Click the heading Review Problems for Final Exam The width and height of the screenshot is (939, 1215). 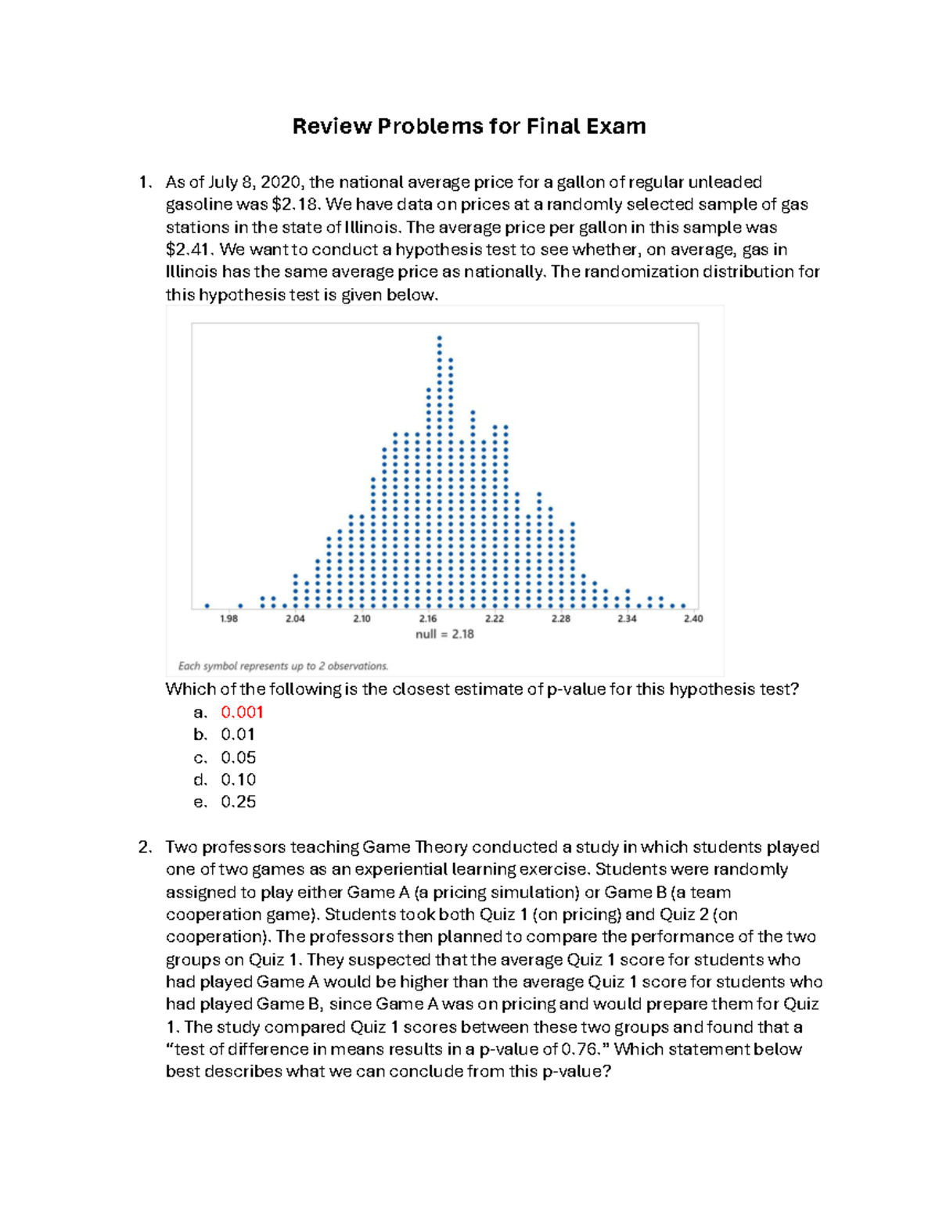pyautogui.click(x=469, y=126)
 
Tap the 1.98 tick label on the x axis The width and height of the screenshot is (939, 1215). pyautogui.click(x=228, y=619)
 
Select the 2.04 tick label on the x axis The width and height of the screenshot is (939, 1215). pyautogui.click(x=295, y=619)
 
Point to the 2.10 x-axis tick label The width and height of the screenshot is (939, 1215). pyautogui.click(x=362, y=619)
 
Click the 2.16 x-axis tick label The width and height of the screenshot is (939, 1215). pyautogui.click(x=428, y=619)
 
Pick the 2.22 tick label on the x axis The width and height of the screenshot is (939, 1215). pyautogui.click(x=495, y=619)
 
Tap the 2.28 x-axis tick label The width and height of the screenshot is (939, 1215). pyautogui.click(x=561, y=619)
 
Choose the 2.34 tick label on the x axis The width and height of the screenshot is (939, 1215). pyautogui.click(x=627, y=619)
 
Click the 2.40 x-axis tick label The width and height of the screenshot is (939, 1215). pyautogui.click(x=693, y=619)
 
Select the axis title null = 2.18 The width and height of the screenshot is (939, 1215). pyautogui.click(x=444, y=634)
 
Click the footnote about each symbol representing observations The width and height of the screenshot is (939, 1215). pyautogui.click(x=283, y=667)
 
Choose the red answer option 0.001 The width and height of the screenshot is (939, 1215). pyautogui.click(x=242, y=712)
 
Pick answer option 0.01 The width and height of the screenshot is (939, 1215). pyautogui.click(x=238, y=735)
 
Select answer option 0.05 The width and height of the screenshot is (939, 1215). pyautogui.click(x=238, y=757)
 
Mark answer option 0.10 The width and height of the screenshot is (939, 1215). pyautogui.click(x=238, y=779)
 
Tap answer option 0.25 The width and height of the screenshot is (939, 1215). pyautogui.click(x=238, y=802)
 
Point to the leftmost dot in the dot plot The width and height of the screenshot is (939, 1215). pyautogui.click(x=207, y=606)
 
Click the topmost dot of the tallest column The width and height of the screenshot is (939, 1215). pyautogui.click(x=439, y=338)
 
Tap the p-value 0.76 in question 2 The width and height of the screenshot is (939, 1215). pyautogui.click(x=581, y=1049)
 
